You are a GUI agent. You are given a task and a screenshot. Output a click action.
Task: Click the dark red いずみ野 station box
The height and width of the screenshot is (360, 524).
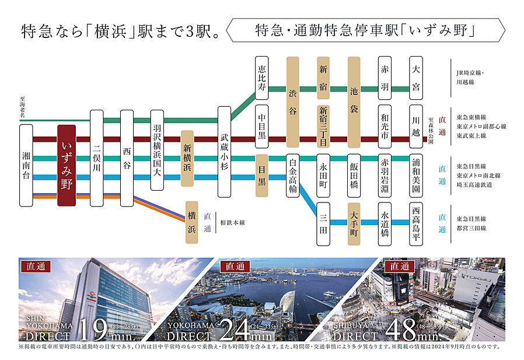point(66,165)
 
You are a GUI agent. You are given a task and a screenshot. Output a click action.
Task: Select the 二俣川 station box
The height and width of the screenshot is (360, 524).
point(97,158)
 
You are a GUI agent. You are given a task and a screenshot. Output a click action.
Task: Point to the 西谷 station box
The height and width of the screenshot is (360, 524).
point(127,158)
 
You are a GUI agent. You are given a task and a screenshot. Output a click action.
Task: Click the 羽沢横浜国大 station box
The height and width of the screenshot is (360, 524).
point(157,150)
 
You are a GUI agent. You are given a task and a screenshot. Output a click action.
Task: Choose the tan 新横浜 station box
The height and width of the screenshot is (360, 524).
point(187,158)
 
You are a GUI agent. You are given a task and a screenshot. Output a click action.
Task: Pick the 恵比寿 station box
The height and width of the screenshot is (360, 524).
point(262,78)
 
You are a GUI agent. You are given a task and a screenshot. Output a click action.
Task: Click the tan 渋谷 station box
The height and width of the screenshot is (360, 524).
point(293,102)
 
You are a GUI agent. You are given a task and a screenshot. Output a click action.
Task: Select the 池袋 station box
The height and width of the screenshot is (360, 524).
point(354,102)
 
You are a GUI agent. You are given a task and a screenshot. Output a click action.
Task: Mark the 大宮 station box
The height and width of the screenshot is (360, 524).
point(415,78)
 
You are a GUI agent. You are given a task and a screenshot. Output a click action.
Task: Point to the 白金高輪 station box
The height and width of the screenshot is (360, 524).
point(293,176)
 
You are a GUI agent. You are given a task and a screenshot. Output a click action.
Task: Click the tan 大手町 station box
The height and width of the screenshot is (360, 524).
point(354,222)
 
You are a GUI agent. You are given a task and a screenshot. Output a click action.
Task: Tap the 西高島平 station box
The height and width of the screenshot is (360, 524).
point(415,222)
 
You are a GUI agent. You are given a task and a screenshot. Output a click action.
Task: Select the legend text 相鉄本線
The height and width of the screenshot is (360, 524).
point(233,222)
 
